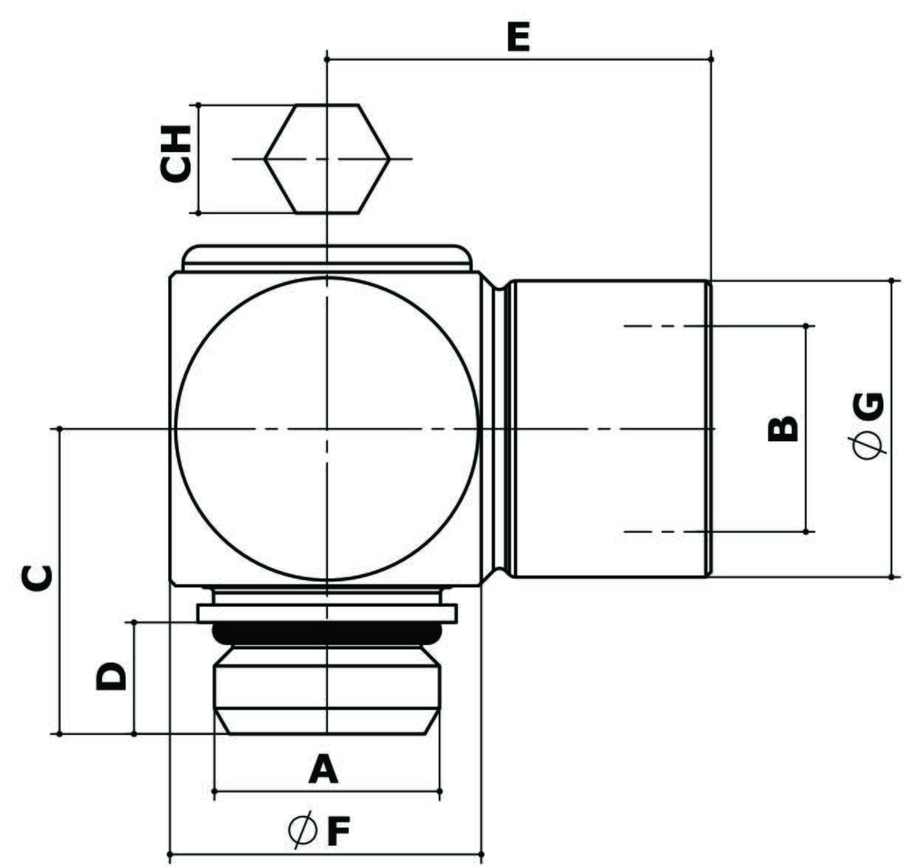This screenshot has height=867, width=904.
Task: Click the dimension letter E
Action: click(x=518, y=37)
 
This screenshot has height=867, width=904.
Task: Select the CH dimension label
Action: click(x=175, y=153)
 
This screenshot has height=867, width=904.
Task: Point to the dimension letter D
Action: click(x=111, y=676)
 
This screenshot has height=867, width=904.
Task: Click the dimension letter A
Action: click(x=323, y=769)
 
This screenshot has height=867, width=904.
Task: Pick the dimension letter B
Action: click(x=783, y=429)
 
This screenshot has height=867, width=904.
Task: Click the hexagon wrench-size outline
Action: click(x=326, y=159)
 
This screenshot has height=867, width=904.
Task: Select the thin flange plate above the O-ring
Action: click(x=326, y=614)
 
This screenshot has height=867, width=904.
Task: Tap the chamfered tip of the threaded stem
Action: click(x=326, y=722)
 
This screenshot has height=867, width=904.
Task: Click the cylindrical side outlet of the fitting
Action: click(x=612, y=429)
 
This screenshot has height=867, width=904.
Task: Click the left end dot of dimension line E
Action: click(x=327, y=60)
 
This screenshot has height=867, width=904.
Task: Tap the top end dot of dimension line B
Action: click(x=806, y=326)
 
